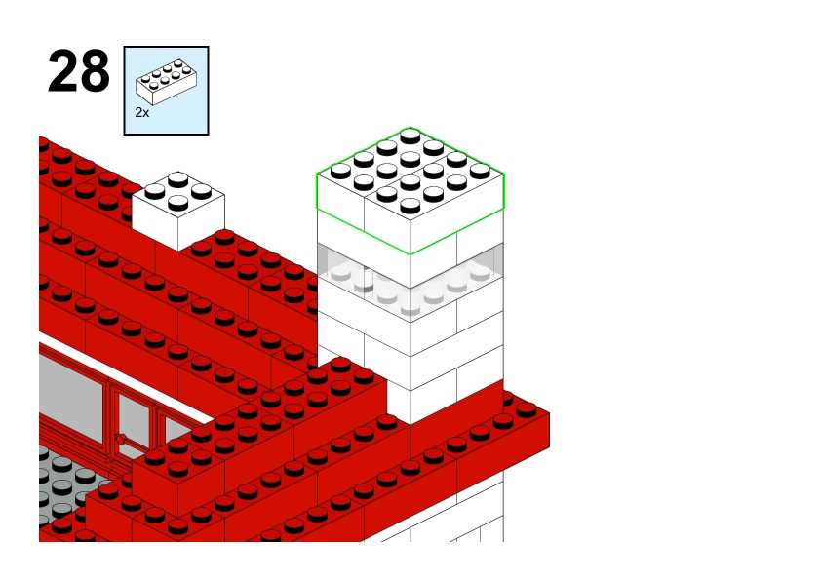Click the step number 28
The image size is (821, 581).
pyautogui.click(x=79, y=71)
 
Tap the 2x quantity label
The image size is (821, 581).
pyautogui.click(x=142, y=112)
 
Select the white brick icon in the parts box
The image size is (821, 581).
pyautogui.click(x=167, y=82)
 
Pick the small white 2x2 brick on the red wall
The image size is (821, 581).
pyautogui.click(x=178, y=211)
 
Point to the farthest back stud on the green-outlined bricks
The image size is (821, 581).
pyautogui.click(x=410, y=136)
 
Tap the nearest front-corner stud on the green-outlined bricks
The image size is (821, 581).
pyautogui.click(x=410, y=205)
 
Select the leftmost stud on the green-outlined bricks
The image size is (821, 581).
pyautogui.click(x=340, y=171)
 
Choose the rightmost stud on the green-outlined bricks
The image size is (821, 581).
pyautogui.click(x=480, y=171)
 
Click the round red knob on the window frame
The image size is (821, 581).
pyautogui.click(x=121, y=439)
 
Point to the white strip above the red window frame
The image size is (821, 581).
pyautogui.click(x=126, y=377)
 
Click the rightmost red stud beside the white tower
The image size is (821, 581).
pyautogui.click(x=527, y=408)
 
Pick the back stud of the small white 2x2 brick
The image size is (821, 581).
pyautogui.click(x=178, y=179)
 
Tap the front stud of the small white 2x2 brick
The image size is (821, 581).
pyautogui.click(x=178, y=202)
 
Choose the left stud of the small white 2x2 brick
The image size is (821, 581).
pyautogui.click(x=154, y=191)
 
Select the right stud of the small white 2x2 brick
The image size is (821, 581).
pyautogui.click(x=201, y=191)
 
